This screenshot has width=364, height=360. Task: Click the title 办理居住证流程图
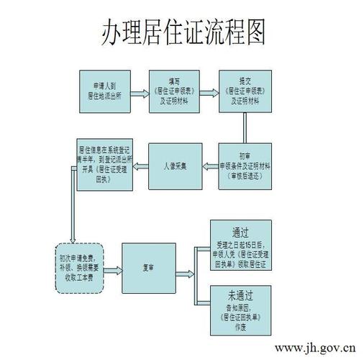(x=182, y=32)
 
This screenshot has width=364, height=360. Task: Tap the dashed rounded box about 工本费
(x=78, y=267)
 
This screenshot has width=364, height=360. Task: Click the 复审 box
(x=149, y=267)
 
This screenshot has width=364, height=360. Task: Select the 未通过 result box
(x=240, y=307)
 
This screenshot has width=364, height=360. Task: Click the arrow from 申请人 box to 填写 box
(x=140, y=92)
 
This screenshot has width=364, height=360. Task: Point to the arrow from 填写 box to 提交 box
(x=209, y=92)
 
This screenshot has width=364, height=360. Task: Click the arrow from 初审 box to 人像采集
(x=209, y=166)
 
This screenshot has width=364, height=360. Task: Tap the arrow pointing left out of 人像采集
(x=140, y=166)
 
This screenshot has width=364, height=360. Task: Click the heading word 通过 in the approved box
(x=240, y=233)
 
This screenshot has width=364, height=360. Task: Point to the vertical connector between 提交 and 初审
(x=245, y=127)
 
